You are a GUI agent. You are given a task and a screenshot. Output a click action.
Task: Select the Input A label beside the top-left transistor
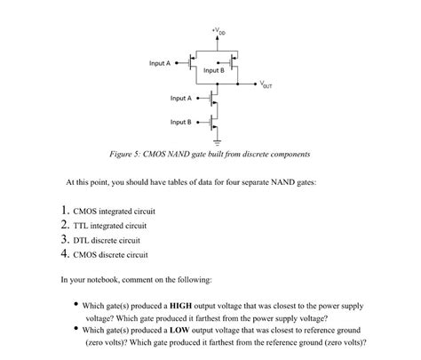159,63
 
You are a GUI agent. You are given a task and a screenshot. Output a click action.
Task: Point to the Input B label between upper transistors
214,69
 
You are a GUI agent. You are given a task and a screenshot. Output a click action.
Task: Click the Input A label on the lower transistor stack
181,98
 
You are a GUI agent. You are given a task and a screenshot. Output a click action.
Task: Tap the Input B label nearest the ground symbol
181,121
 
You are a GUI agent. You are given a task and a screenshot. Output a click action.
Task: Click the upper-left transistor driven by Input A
193,63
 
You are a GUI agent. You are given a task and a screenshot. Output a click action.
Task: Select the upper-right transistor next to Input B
233,63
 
